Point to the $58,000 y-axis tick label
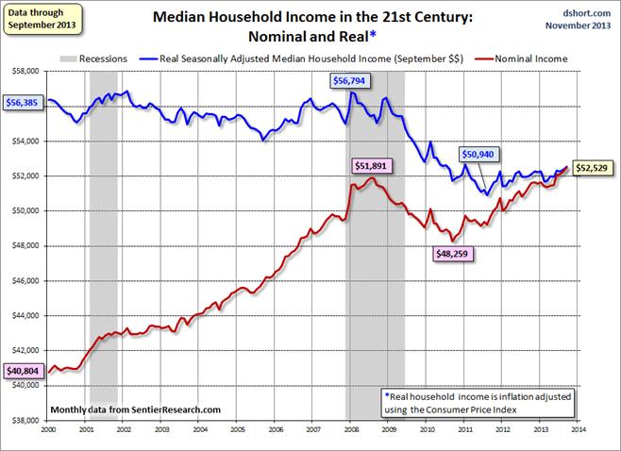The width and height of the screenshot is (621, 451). pos(25,71)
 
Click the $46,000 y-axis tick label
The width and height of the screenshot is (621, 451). pos(25,280)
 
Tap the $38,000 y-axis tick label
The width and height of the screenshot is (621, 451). pos(25,421)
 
